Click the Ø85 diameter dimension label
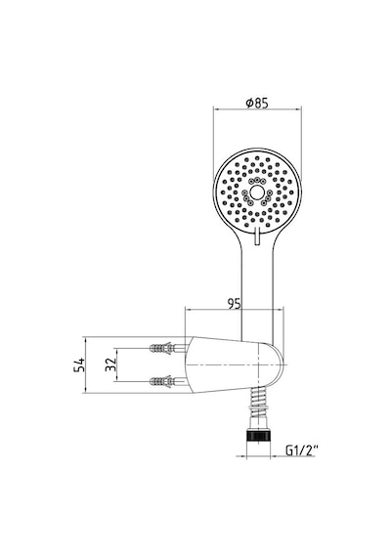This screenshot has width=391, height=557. [x=257, y=103]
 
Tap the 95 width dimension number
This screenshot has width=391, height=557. [x=235, y=303]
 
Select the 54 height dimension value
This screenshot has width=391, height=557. [x=79, y=364]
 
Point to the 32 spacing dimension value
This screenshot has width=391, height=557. [x=110, y=364]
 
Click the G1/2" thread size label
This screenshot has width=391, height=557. [x=301, y=450]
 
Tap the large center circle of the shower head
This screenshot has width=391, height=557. [x=257, y=193]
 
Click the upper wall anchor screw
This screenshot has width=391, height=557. [x=167, y=348]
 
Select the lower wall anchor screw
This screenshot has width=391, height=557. [x=167, y=382]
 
